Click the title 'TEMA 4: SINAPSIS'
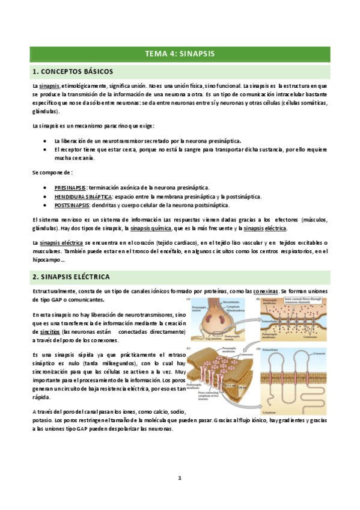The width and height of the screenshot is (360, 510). point(180,54)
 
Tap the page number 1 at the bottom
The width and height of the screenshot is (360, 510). point(180,478)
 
